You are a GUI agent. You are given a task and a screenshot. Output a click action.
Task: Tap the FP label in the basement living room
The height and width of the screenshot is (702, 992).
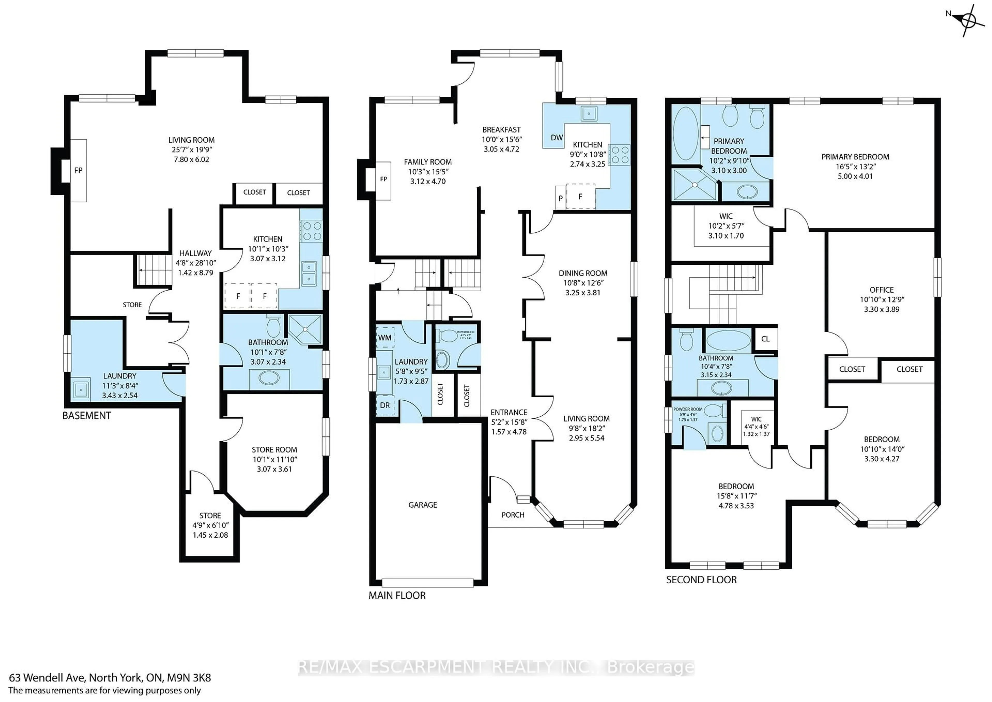click(78, 170)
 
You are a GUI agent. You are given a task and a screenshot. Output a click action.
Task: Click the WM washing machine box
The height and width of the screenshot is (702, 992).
click(385, 338)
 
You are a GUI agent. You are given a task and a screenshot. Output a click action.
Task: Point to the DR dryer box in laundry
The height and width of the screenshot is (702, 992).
click(385, 406)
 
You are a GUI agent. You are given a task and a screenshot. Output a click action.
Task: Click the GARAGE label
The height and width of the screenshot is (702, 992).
click(423, 505)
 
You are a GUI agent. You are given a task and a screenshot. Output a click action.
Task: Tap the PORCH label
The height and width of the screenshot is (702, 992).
click(513, 515)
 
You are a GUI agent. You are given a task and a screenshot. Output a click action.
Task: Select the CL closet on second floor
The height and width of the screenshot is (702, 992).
click(765, 339)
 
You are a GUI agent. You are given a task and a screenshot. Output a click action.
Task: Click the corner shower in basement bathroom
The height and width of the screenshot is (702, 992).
click(305, 329)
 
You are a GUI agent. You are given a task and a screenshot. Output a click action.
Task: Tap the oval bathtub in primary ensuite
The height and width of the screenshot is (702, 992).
click(686, 134)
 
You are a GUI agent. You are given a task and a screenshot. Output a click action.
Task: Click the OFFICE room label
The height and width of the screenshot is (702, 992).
click(881, 290)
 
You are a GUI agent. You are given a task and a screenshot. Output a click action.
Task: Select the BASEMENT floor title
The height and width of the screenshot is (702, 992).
click(87, 416)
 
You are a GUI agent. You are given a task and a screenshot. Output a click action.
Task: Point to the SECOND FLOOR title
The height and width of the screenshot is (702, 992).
click(701, 580)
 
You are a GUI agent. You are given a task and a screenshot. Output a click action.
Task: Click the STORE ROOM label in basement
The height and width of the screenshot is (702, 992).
click(274, 449)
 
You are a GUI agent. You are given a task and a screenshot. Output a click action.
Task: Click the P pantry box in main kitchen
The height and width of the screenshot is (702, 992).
click(560, 198)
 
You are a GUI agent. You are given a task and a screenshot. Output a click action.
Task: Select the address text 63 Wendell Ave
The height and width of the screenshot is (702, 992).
click(110, 678)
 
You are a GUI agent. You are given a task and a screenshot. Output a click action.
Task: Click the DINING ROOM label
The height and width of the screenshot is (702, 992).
click(583, 273)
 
